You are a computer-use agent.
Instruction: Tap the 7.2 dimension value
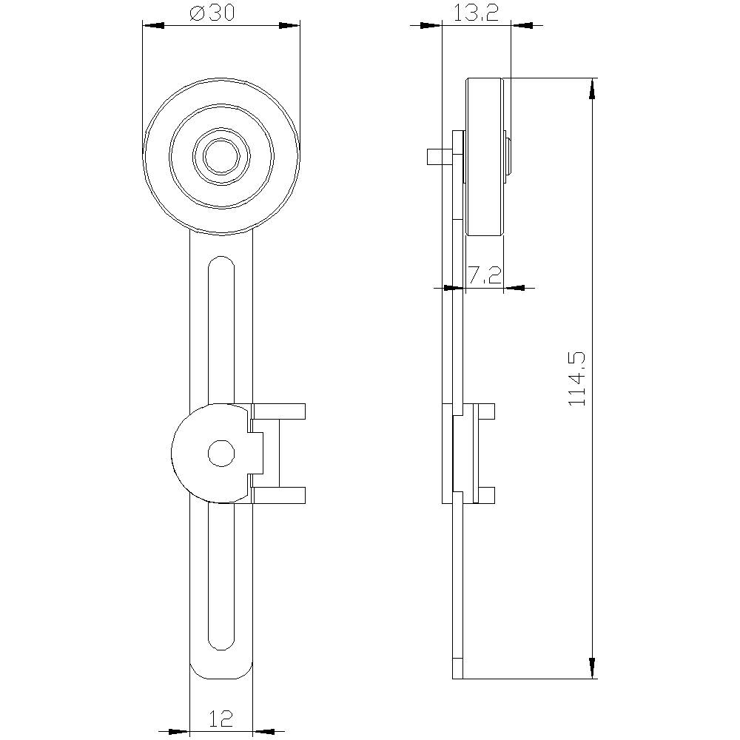coord(485,276)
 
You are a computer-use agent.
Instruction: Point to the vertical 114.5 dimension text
coord(577,378)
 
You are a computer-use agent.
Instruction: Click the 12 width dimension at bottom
coord(221,718)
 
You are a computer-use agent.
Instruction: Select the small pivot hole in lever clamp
coord(221,453)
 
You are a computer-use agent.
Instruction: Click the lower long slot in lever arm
coord(221,577)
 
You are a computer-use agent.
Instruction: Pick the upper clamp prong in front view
coord(278,411)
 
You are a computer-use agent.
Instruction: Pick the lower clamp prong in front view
coord(278,495)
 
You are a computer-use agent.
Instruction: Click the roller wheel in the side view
coord(485,156)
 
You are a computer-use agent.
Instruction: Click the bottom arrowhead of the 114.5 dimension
coord(592,667)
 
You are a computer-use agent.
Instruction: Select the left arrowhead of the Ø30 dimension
coord(152,26)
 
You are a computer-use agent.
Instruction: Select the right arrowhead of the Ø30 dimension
coord(290,26)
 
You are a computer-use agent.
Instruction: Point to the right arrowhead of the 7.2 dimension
coord(514,287)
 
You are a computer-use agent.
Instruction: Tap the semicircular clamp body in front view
coord(196,453)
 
